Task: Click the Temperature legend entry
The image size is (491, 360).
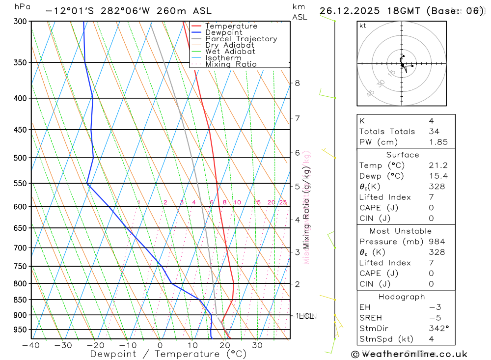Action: click(231, 26)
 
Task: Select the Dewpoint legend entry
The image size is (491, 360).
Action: click(223, 32)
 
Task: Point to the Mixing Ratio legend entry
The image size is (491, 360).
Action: click(231, 64)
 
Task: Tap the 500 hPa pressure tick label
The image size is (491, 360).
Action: click(20, 158)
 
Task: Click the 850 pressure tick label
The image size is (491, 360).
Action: click(20, 300)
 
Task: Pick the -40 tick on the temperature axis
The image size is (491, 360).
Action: click(31, 345)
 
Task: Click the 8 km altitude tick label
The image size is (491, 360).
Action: click(297, 83)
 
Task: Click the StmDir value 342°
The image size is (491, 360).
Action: click(438, 328)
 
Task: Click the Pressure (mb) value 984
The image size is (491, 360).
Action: click(436, 242)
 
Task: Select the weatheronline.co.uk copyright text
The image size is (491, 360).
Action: click(409, 354)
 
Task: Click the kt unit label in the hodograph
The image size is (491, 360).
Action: click(362, 26)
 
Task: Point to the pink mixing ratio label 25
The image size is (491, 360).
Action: click(283, 202)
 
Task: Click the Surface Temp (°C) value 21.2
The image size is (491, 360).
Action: click(438, 166)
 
